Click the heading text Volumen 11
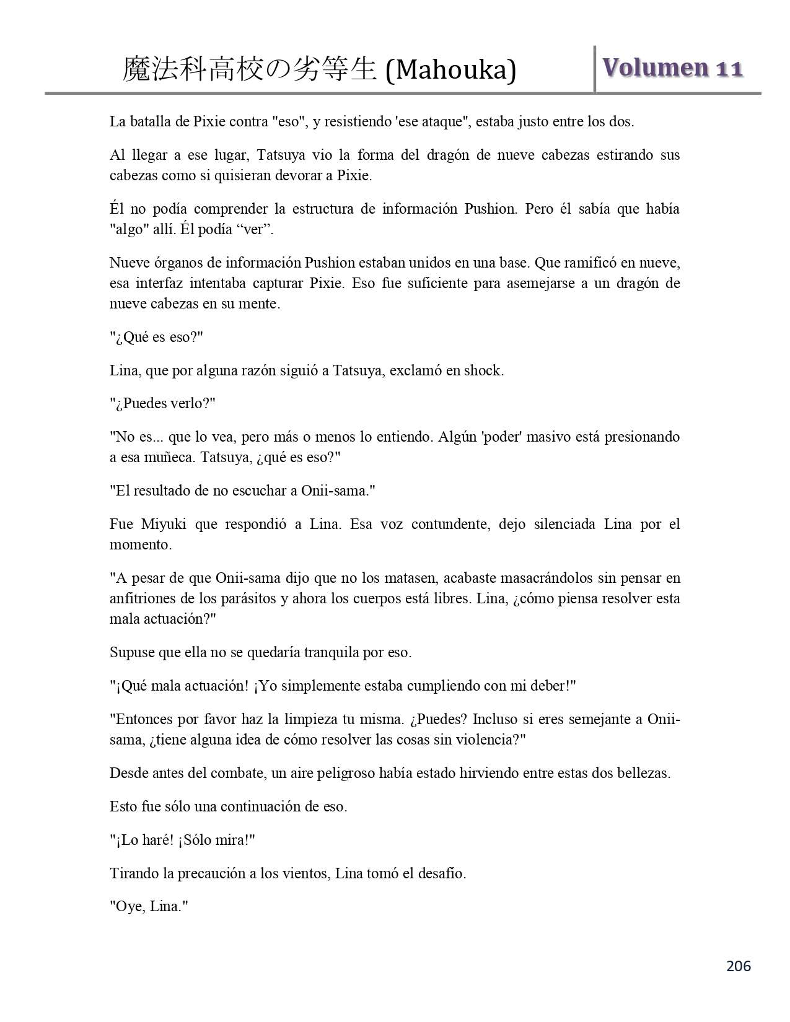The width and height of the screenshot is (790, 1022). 672,68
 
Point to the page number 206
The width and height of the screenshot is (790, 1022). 739,966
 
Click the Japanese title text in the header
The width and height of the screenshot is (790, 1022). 250,69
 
